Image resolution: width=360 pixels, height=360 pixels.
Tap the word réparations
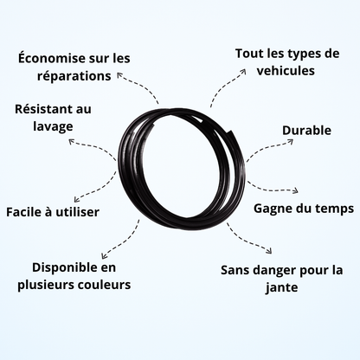click(x=74, y=76)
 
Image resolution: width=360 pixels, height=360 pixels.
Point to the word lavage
click(x=53, y=127)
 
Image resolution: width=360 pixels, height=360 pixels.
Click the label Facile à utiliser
click(x=53, y=212)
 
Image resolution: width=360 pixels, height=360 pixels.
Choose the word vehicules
click(x=286, y=71)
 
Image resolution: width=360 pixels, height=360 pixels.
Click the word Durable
click(x=306, y=131)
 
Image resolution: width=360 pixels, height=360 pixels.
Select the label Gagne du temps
click(x=304, y=209)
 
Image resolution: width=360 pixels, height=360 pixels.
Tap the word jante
click(x=281, y=287)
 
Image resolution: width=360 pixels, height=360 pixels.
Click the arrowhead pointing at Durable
click(x=291, y=141)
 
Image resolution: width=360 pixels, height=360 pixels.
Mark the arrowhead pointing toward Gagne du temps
click(x=296, y=190)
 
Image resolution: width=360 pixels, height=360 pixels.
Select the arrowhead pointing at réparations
click(x=119, y=74)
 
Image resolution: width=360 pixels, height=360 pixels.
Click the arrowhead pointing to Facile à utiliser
click(x=76, y=199)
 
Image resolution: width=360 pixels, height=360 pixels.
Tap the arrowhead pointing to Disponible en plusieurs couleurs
click(x=104, y=256)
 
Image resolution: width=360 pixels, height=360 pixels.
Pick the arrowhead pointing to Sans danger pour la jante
click(x=269, y=251)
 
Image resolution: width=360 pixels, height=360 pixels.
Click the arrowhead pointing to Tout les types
click(x=243, y=71)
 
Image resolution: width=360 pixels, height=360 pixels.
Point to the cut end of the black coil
click(x=233, y=132)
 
